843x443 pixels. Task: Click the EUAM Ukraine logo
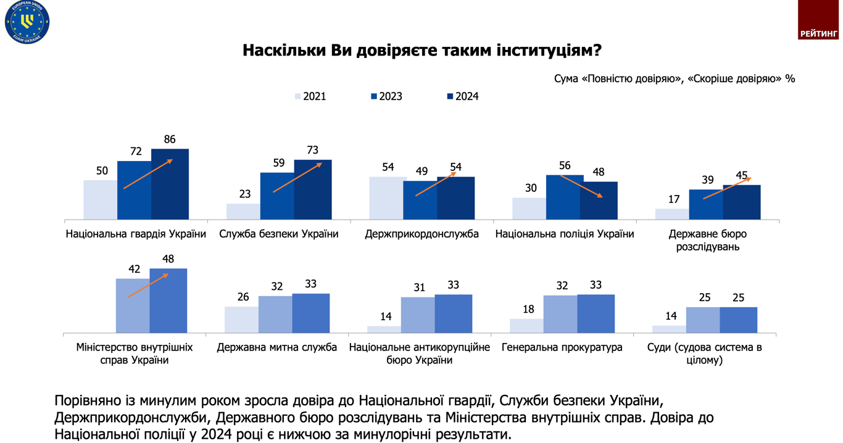27,22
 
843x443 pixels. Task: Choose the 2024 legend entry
463,96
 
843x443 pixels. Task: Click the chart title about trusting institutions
421,50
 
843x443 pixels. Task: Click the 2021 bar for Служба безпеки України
243,211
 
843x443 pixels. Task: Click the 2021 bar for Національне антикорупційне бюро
383,329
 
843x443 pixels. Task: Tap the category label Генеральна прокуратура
562,347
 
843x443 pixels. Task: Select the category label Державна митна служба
276,347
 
